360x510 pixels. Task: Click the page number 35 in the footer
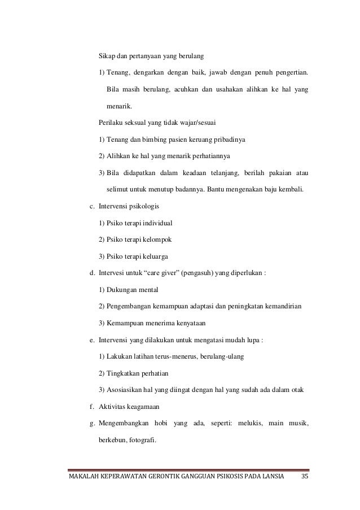pyautogui.click(x=305, y=480)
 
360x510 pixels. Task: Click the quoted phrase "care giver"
pyautogui.click(x=166, y=273)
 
